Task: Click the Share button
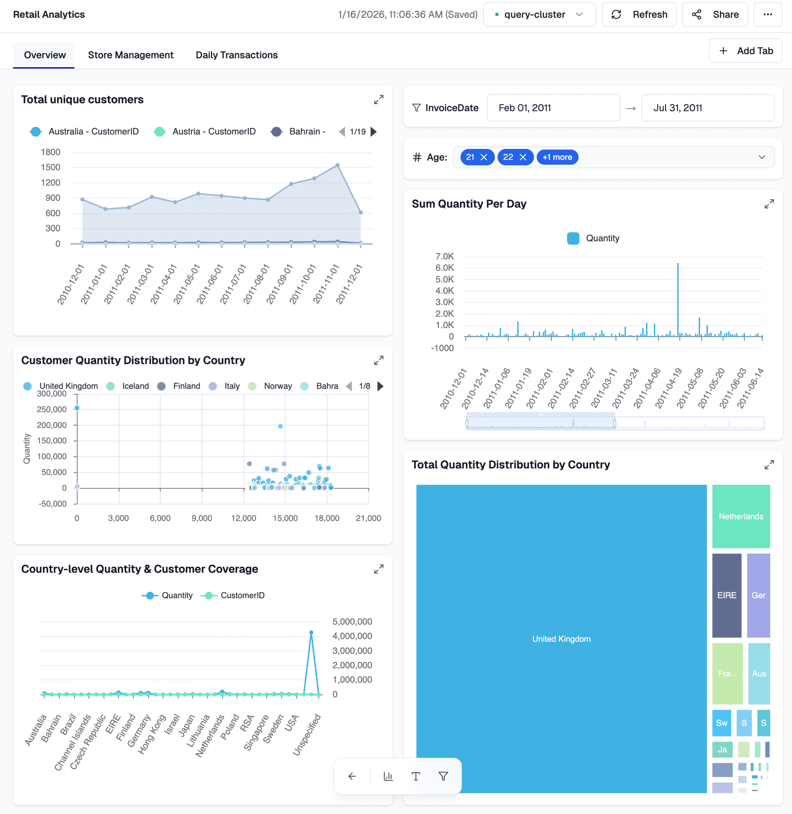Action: pos(714,14)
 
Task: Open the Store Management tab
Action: pos(131,55)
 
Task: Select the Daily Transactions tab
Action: pos(236,55)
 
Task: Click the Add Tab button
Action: pos(745,51)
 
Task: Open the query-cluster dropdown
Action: pos(539,14)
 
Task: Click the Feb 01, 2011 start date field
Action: pos(553,108)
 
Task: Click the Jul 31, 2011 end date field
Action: pos(707,108)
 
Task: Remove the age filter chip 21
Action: pos(484,157)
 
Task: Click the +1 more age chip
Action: pos(557,157)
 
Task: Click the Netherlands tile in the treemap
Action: pos(740,516)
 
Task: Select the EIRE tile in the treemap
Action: pos(726,595)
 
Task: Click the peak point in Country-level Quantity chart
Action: pos(311,632)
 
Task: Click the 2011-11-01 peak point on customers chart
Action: pos(337,165)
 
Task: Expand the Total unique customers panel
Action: pos(378,100)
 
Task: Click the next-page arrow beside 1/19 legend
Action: pos(374,132)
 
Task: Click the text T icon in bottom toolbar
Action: pos(415,776)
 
